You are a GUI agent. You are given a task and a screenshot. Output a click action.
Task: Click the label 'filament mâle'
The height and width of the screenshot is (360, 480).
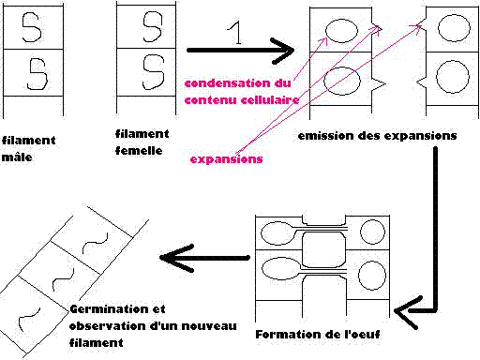pyautogui.click(x=27, y=149)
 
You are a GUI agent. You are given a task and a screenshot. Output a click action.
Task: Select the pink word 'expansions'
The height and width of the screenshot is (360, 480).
pyautogui.click(x=226, y=159)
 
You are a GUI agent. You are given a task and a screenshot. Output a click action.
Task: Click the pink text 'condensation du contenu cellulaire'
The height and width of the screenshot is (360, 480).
pyautogui.click(x=241, y=91)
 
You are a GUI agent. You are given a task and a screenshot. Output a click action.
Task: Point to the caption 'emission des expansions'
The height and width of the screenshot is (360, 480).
pyautogui.click(x=377, y=136)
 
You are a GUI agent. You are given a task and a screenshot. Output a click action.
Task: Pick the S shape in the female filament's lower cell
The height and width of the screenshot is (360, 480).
pyautogui.click(x=150, y=71)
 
